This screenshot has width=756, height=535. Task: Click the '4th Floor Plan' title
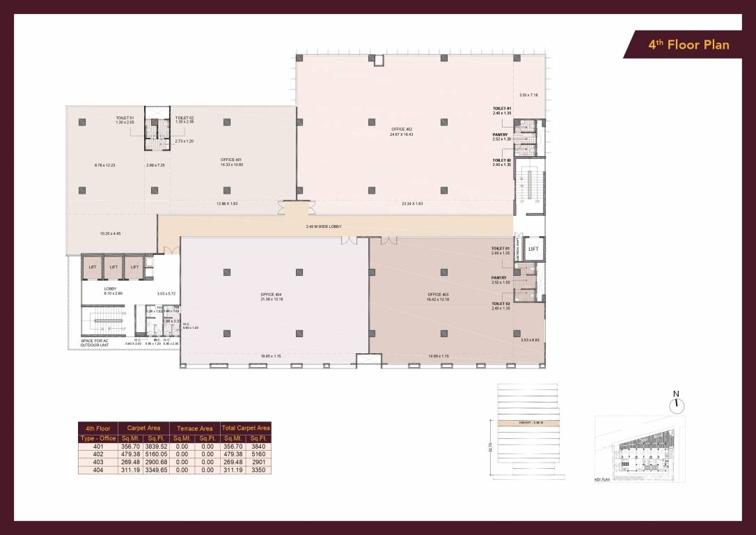[x=688, y=45]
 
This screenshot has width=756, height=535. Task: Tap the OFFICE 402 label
[x=402, y=129]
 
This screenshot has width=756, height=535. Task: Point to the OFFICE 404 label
[x=274, y=295]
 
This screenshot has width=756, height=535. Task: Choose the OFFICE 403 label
[x=439, y=295]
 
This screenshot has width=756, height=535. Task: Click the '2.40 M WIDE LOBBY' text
[x=324, y=226]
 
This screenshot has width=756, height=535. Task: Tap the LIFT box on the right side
[x=534, y=249]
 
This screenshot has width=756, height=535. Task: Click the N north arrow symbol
[x=675, y=403]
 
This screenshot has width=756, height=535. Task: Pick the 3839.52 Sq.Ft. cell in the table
[x=156, y=446]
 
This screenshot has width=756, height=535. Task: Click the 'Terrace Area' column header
[x=194, y=428]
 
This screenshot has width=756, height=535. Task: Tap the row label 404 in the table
[x=98, y=470]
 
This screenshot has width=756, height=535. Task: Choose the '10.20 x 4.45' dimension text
[x=110, y=233]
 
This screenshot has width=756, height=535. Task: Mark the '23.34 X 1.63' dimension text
[x=412, y=204]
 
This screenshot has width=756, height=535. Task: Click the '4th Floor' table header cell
[x=98, y=428]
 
